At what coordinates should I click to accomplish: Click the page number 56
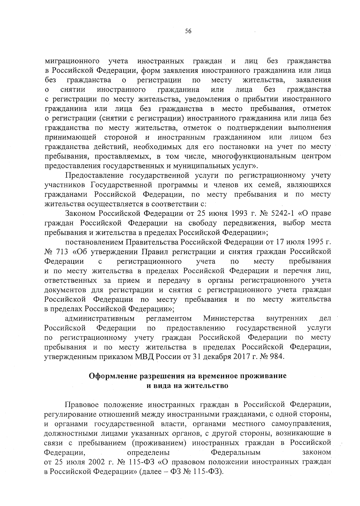click(x=188, y=31)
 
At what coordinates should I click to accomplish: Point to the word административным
click(x=99, y=318)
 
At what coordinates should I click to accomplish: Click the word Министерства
click(x=229, y=318)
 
